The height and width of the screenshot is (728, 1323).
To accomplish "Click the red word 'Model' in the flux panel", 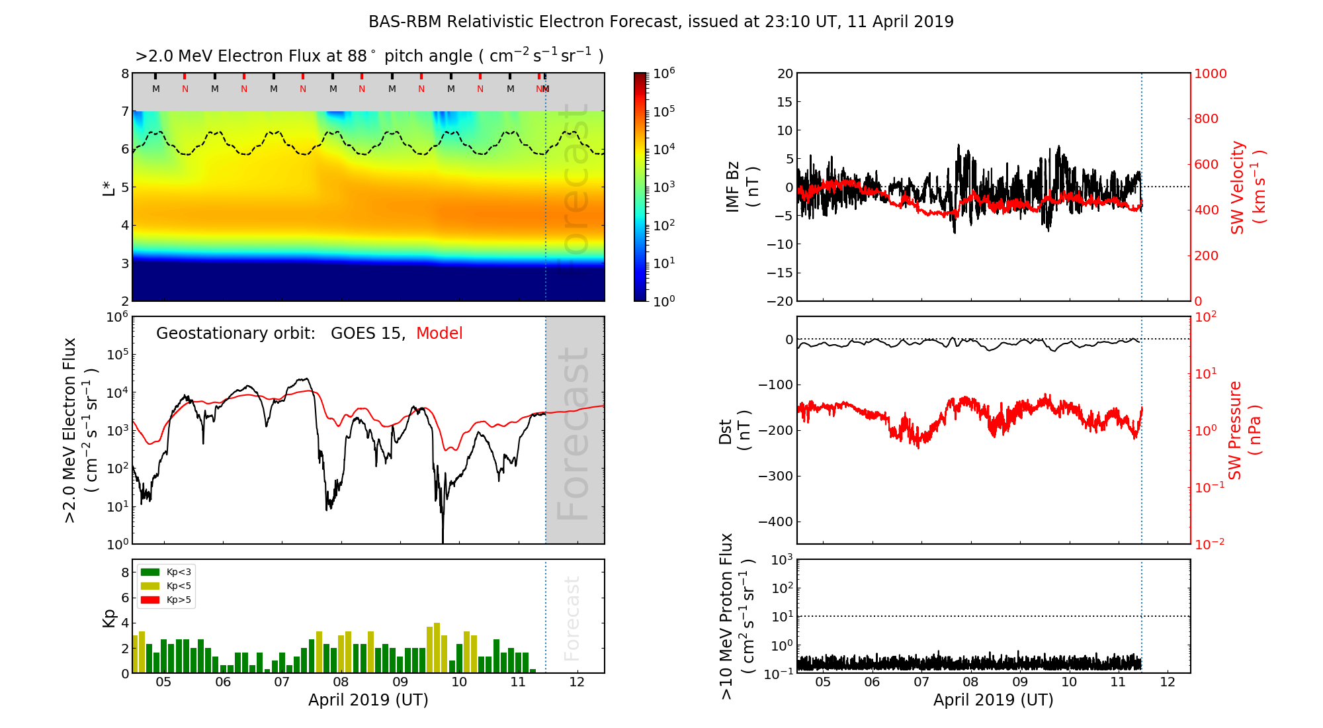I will click(x=439, y=334).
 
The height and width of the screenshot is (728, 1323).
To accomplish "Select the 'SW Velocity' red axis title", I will click(x=1238, y=187).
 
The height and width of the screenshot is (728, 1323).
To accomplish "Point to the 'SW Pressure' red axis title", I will click(x=1235, y=430).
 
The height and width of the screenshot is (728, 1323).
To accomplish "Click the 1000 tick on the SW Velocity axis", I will click(x=1210, y=74).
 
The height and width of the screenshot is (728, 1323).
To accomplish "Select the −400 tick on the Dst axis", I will click(x=775, y=522).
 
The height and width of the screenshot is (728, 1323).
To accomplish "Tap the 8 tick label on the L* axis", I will click(x=124, y=74).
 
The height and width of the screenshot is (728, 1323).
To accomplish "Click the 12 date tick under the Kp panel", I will click(x=577, y=683).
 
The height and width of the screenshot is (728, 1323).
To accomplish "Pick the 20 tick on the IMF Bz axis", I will click(x=785, y=74).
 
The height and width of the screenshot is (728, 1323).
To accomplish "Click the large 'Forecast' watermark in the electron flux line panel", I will click(x=574, y=433).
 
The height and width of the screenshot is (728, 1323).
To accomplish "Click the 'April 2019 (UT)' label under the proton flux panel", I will click(x=993, y=700).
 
